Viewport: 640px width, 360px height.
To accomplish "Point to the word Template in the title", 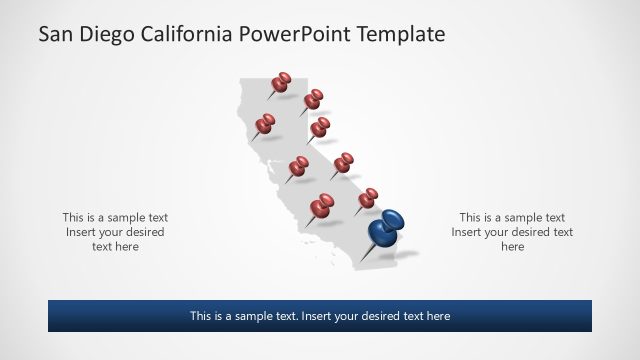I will pos(404,35).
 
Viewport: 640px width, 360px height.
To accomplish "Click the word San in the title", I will pos(56,35).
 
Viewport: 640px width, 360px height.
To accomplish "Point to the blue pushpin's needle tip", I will pos(362,262).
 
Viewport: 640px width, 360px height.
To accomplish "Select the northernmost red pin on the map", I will pos(282,80).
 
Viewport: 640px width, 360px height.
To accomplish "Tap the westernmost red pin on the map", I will pos(265,124).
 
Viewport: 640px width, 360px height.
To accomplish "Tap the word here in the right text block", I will pos(512,247).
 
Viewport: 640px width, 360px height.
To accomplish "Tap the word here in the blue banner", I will pos(438,316).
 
